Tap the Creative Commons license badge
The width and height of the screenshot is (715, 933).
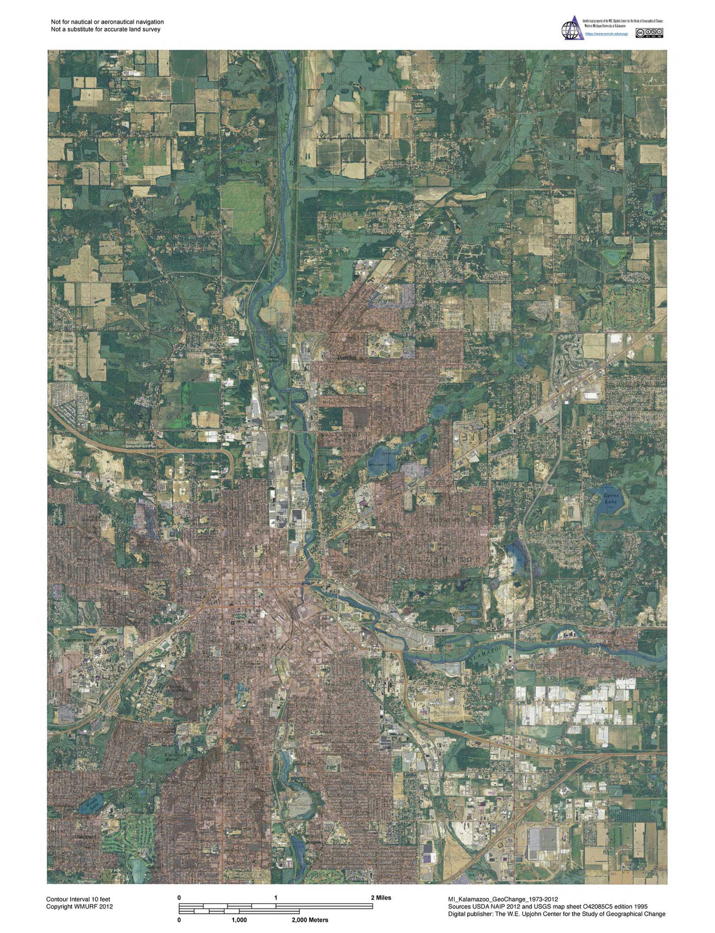pos(649,33)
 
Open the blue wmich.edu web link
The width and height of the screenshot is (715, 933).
pos(606,35)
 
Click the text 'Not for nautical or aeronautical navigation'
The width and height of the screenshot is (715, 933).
pos(107,21)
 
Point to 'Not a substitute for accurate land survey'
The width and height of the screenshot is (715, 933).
pos(105,29)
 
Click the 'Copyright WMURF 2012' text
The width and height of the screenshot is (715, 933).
pos(79,907)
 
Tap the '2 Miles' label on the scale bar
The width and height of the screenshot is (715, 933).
pos(381,898)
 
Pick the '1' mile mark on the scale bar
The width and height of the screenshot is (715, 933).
pos(276,898)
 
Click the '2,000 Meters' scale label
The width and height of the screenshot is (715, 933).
pos(310,920)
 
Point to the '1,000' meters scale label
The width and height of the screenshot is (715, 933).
pos(239,920)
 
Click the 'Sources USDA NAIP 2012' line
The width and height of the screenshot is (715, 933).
pos(552,907)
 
